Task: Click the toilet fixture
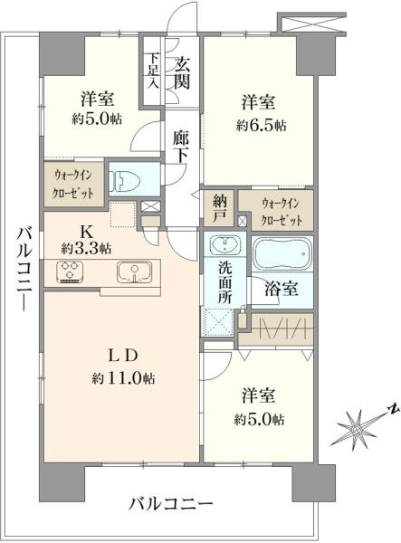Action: pyautogui.click(x=124, y=180)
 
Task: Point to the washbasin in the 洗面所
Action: pyautogui.click(x=224, y=246)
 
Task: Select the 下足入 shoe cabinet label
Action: pyautogui.click(x=155, y=73)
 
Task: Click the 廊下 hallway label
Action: pyautogui.click(x=181, y=148)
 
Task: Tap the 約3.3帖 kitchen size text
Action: pyautogui.click(x=87, y=246)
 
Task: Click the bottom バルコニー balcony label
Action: pyautogui.click(x=169, y=502)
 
